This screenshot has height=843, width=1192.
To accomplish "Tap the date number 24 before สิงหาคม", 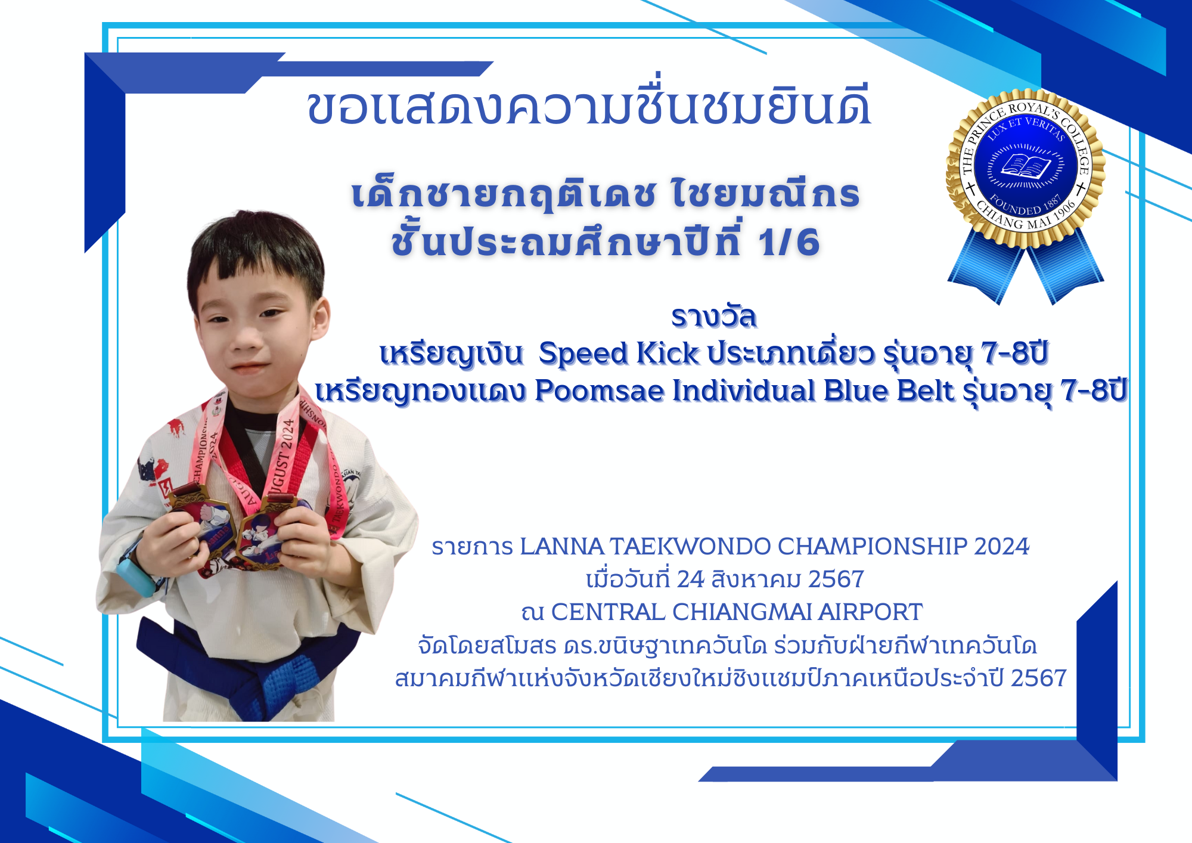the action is coord(691,579).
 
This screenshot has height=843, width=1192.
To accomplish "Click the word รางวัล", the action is coord(714,317).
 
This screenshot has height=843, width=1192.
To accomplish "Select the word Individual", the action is coord(744,391).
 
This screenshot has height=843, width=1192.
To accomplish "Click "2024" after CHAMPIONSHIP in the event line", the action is coord(1001,546).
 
